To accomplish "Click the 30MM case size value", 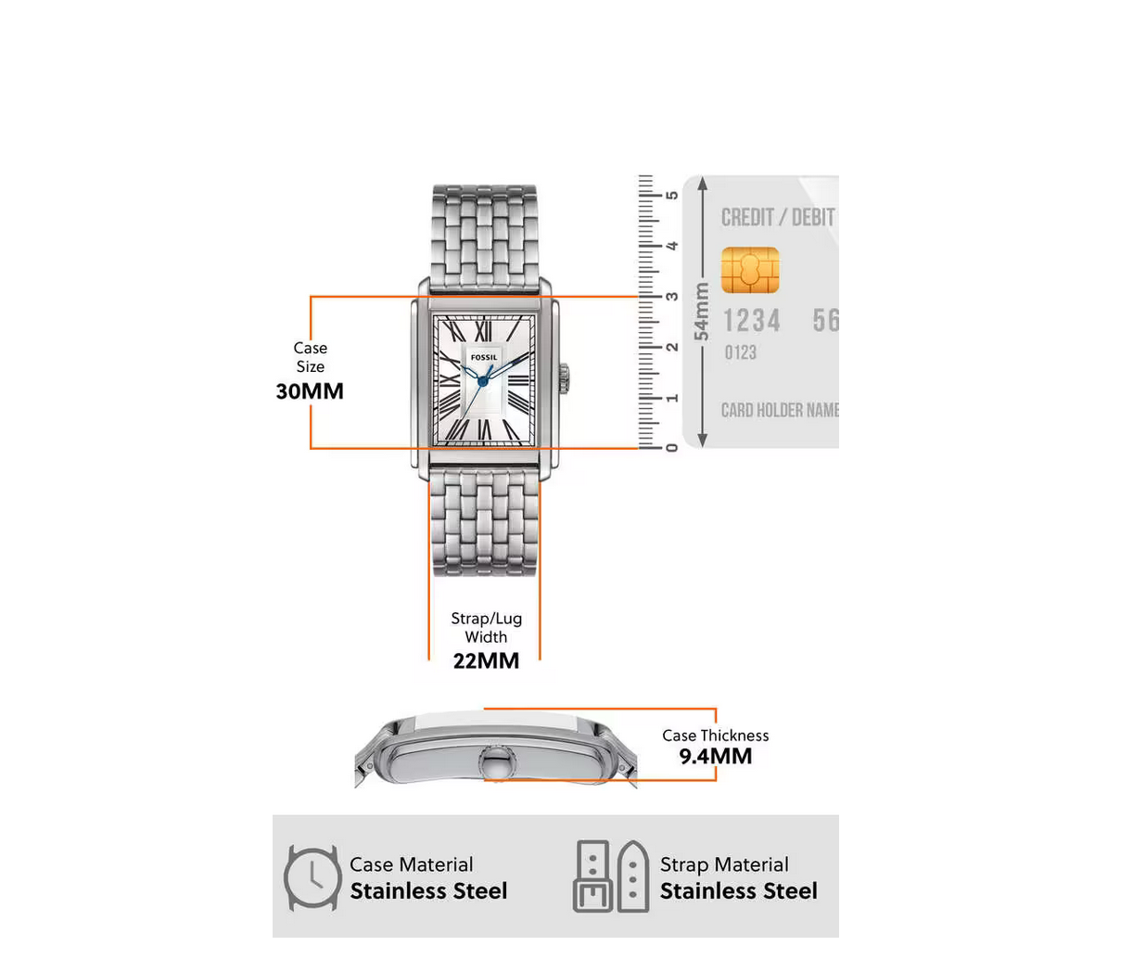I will click(x=310, y=391).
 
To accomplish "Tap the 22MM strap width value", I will click(x=486, y=661).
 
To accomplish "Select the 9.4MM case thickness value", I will click(x=715, y=757).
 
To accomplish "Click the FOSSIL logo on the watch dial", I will click(x=484, y=357).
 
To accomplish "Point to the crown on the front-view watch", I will click(x=563, y=377).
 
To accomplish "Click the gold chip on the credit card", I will click(x=749, y=270).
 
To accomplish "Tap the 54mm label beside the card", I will click(x=702, y=312).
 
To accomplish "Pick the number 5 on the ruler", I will click(x=672, y=195).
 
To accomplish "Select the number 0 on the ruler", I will click(x=672, y=448).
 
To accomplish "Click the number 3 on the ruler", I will click(x=672, y=297).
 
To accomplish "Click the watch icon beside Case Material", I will click(x=311, y=877).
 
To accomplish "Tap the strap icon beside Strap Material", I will click(x=611, y=877).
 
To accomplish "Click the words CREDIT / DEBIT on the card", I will click(x=778, y=218).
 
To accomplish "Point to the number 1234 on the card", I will click(x=752, y=321).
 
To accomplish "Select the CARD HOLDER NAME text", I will click(x=780, y=410).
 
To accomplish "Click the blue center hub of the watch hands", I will click(x=482, y=380).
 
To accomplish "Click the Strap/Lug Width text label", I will click(x=486, y=628).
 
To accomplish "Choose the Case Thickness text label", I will click(x=715, y=735).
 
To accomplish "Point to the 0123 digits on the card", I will click(x=740, y=352).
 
